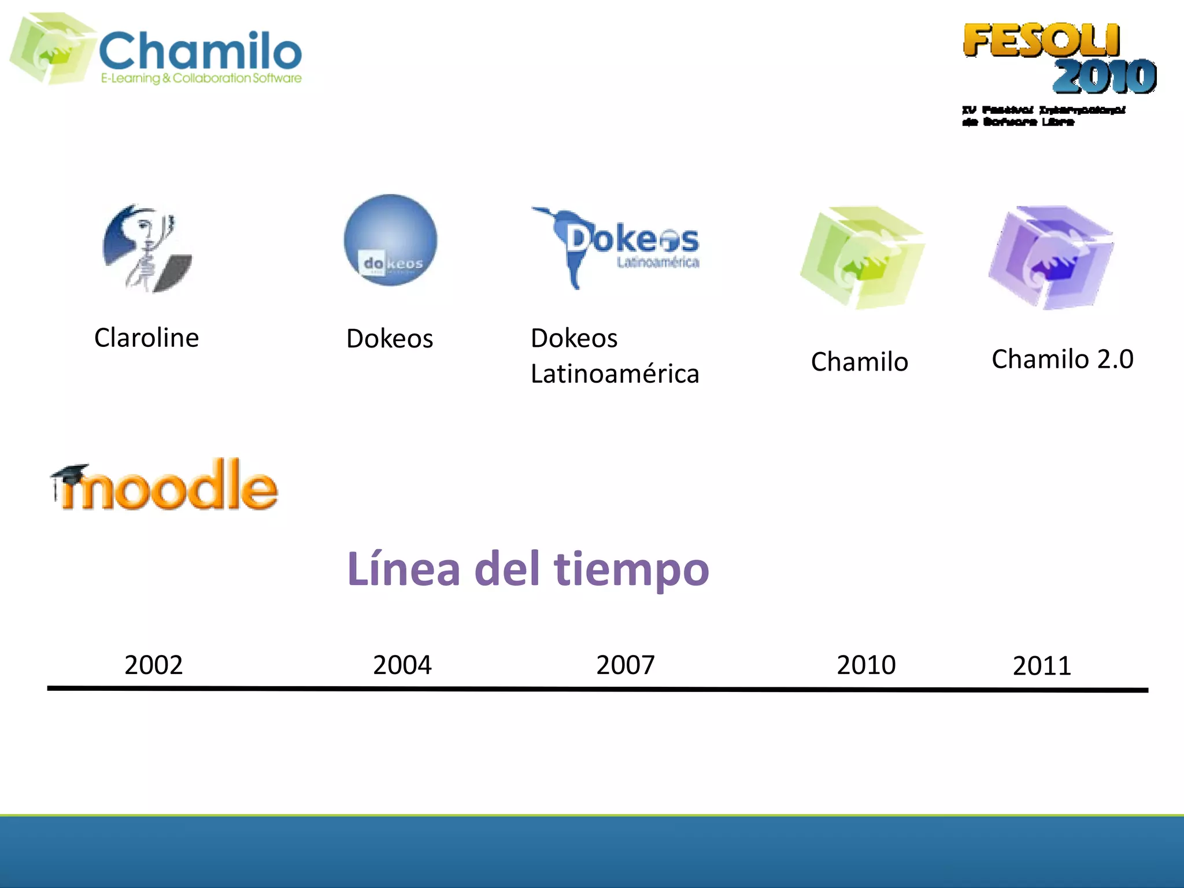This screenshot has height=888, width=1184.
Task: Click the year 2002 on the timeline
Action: pos(154,665)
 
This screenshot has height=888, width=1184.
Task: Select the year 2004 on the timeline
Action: pos(402,665)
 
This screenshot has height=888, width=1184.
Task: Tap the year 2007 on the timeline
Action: pos(626,665)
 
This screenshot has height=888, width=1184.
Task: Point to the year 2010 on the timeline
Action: pos(866,665)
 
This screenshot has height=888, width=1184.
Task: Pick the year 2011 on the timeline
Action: pos(1042,666)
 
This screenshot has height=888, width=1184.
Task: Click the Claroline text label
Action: pos(146,338)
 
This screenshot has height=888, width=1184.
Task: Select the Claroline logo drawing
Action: pos(147,249)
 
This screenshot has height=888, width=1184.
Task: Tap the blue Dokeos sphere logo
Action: pos(391,240)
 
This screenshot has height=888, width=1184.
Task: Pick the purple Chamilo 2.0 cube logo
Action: pos(1051,257)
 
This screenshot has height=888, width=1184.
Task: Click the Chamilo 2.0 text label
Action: pos(1063,359)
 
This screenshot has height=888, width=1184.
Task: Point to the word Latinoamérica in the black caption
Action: pos(615,374)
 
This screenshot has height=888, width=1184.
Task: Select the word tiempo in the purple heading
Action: pos(631,569)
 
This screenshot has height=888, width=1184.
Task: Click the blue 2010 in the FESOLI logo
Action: pos(1104,76)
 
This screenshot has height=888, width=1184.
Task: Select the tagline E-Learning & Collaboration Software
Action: pos(201,78)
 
